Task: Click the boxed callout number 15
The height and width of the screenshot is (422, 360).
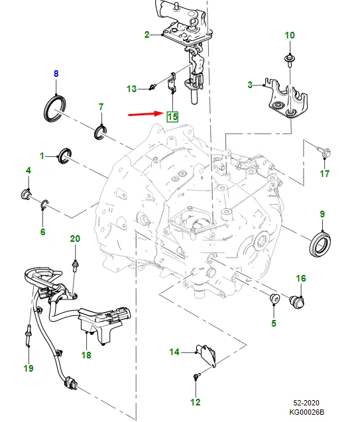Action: pos(172,117)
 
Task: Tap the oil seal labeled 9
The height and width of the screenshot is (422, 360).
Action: pos(321,243)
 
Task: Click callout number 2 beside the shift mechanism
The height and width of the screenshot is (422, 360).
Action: pos(147,34)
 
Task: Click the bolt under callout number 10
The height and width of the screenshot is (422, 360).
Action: pos(290,60)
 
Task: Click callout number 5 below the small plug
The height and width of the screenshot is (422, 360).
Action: pos(272,323)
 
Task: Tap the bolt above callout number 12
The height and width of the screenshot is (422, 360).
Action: pos(196,376)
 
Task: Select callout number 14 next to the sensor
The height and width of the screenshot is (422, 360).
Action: pos(174,352)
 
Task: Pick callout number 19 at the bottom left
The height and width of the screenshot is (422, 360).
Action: pos(28,368)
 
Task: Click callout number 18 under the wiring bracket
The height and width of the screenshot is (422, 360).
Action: pos(86,355)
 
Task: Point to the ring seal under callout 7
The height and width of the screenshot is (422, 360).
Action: pos(101,131)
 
